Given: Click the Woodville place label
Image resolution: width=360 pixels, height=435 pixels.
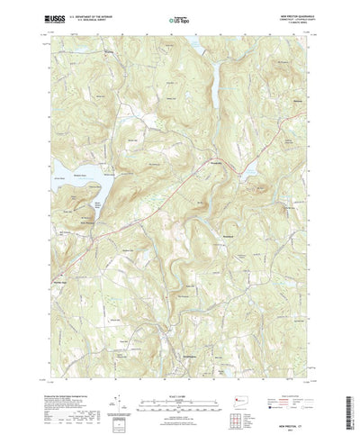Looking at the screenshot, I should [216, 162].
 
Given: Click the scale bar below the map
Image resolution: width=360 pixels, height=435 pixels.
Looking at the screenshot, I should [180, 383].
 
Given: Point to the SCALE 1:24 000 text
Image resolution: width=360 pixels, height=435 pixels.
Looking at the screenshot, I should [180, 376].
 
